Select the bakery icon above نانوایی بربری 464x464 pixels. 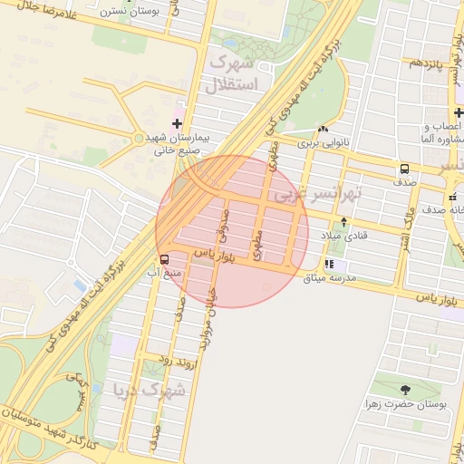[x=324, y=129]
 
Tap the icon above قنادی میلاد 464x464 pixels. [x=343, y=222]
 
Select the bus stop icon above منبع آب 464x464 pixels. [x=163, y=258]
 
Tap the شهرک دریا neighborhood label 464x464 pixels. [x=150, y=391]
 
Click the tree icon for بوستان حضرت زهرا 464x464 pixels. [x=405, y=390]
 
